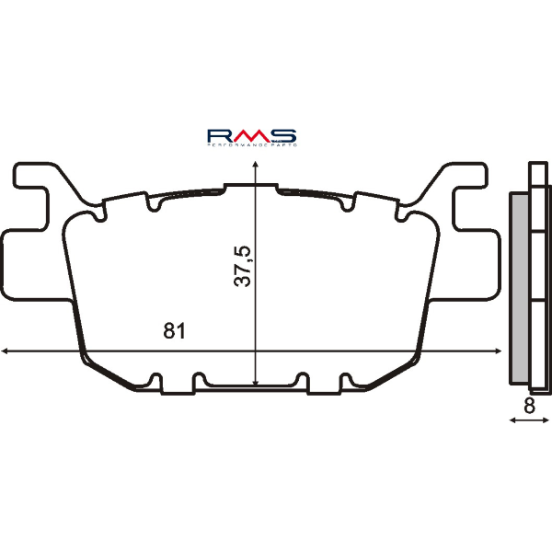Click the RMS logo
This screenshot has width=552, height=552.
251,135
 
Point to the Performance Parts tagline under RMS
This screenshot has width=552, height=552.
251,145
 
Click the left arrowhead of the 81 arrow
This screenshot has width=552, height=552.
7,350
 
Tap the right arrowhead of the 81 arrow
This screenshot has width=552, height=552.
497,350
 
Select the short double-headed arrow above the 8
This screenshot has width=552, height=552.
529,420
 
